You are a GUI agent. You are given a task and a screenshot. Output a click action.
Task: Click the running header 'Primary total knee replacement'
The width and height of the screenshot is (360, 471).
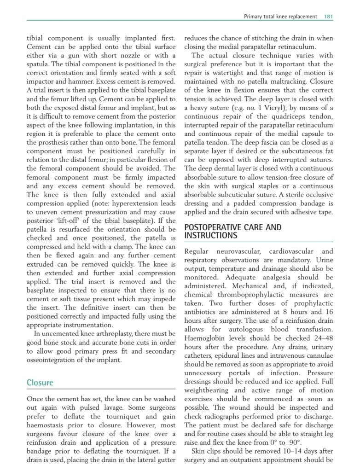click(280, 17)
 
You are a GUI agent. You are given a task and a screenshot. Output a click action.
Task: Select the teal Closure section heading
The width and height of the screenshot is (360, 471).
click(40, 383)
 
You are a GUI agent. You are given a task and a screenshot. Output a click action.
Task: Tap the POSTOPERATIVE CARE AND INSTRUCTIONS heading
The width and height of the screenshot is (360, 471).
click(232, 232)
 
